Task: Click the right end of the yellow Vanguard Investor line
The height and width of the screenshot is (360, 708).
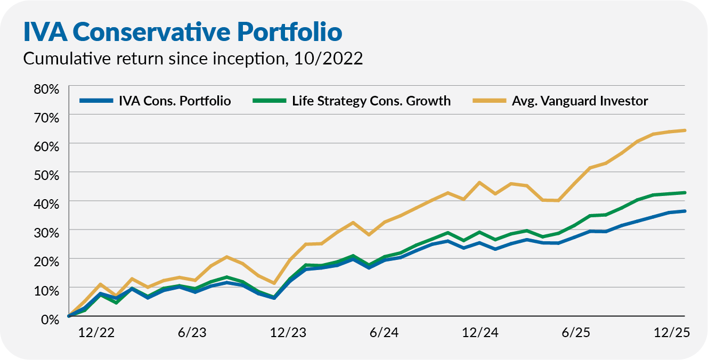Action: (685, 130)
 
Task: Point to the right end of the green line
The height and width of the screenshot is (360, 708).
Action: (685, 193)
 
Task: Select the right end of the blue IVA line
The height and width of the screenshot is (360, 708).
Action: (685, 211)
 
